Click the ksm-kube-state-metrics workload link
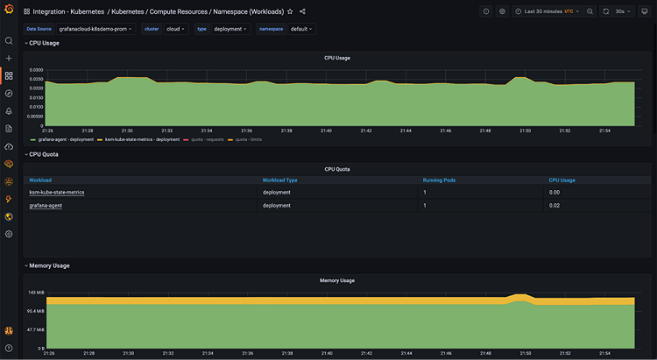[x=57, y=192]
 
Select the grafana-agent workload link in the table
[x=46, y=205]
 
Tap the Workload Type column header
[x=280, y=180]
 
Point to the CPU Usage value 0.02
[x=555, y=205]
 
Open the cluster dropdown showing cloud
[x=176, y=29]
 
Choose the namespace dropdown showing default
[x=302, y=29]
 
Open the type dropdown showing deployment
[x=230, y=29]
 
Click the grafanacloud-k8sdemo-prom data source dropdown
[x=95, y=29]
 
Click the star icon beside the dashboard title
[x=290, y=11]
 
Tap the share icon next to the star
[x=302, y=11]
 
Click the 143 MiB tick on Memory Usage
[x=36, y=293]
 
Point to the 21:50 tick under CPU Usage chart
[x=524, y=131]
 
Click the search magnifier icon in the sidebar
[x=9, y=40]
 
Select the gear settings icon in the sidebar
[x=9, y=234]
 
